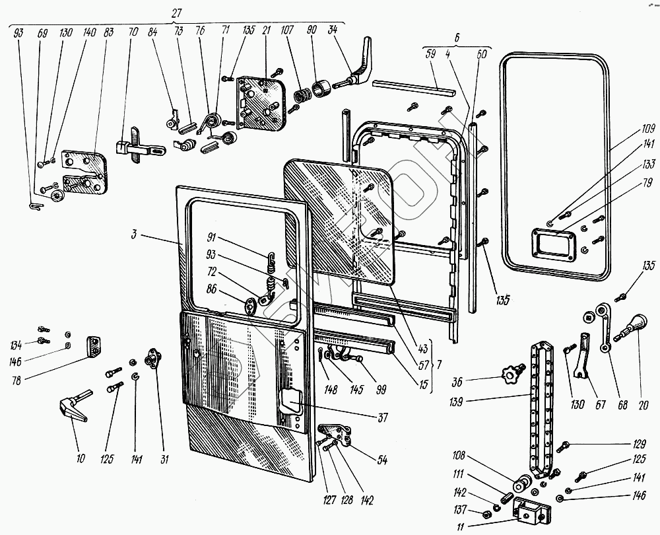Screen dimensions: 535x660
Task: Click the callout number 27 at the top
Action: (x=176, y=13)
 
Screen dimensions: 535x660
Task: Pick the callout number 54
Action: (x=382, y=459)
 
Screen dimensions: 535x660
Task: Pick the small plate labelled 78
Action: (x=93, y=345)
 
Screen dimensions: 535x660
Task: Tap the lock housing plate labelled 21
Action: (x=261, y=101)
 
